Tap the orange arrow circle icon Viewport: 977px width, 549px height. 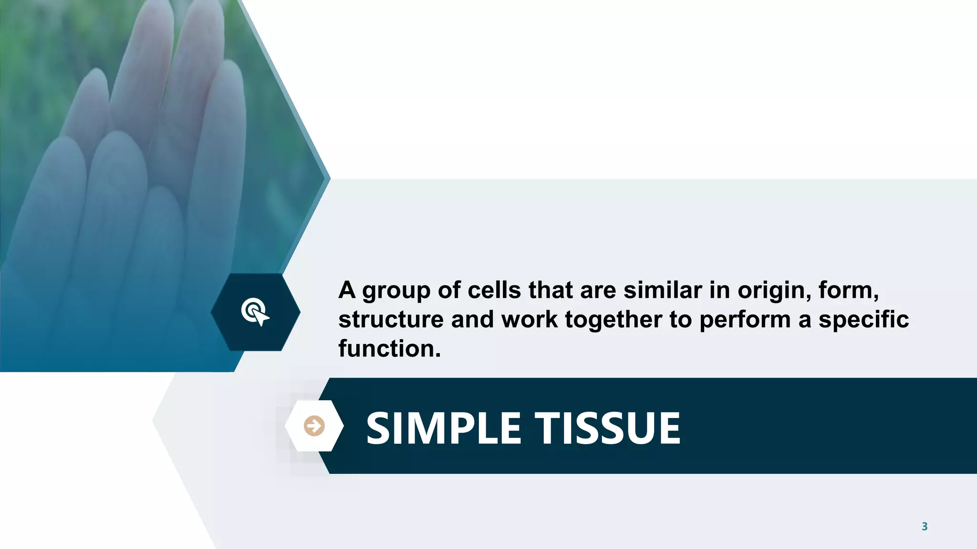pos(314,426)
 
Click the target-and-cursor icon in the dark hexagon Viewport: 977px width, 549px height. pos(255,312)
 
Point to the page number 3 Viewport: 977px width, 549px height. pos(924,526)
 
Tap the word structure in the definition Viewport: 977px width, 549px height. pos(391,319)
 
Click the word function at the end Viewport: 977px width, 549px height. pos(389,349)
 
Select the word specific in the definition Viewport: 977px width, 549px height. pos(863,319)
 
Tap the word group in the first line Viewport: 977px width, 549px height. pos(396,291)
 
